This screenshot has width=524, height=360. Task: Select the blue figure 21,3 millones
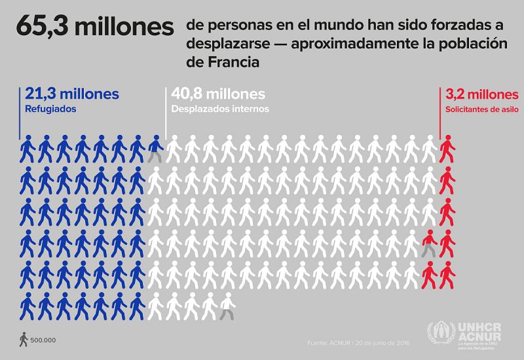point(71,94)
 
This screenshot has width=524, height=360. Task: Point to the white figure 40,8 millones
point(217,94)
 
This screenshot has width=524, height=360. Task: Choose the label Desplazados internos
point(220,109)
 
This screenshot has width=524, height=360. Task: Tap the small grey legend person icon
point(24,339)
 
